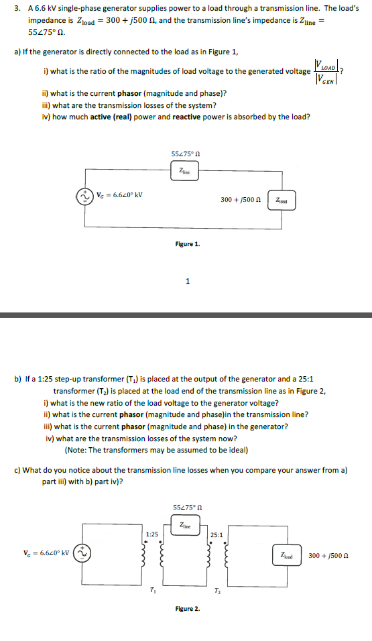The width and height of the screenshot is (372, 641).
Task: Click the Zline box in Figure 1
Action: coord(185,171)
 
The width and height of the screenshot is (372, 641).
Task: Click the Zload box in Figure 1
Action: coord(282,200)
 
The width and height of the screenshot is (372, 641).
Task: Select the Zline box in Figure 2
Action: coord(186,525)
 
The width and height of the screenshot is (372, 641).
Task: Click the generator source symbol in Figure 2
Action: coord(82,553)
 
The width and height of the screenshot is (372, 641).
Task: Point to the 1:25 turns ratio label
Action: coord(151,534)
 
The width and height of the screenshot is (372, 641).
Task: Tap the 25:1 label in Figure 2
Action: coord(216,534)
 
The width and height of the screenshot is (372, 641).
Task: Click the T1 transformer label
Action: coord(152,590)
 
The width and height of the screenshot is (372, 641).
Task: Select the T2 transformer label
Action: coord(217,590)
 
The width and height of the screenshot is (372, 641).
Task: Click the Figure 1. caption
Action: coord(188,244)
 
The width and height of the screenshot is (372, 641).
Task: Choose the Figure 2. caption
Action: coord(188,609)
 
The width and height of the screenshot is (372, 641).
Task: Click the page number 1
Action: coord(188,281)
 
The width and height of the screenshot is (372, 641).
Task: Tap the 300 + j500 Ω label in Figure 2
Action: coord(328,555)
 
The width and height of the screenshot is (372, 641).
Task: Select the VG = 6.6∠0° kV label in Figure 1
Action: coord(119,194)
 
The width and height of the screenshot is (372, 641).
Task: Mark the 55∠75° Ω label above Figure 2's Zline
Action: coord(188,508)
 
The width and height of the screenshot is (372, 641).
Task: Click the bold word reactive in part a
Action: coord(186,117)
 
